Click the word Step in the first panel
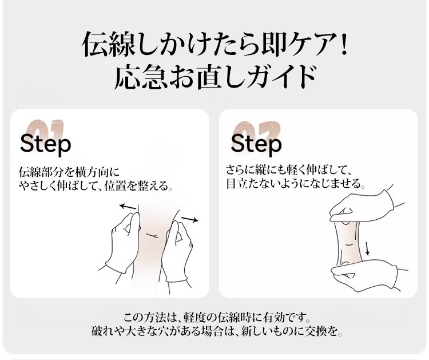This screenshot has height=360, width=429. pos(45,144)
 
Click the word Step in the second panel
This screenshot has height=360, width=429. pos(256,144)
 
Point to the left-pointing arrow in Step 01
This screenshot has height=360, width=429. pos(128,207)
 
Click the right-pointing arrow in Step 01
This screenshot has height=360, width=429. pos(190,219)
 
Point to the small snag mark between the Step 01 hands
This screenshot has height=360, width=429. pos(153,236)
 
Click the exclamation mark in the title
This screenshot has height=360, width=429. pos(344,44)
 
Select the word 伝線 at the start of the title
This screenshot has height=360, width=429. pos(108,44)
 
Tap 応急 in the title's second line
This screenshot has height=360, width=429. pos(140,77)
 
